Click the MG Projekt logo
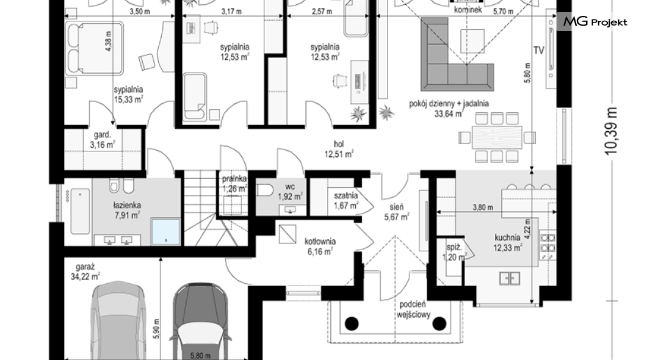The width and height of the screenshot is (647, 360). point(595,22)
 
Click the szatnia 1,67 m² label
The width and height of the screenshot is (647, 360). point(346,200)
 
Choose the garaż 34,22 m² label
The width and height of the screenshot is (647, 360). point(85,272)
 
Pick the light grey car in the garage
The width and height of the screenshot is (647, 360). point(119,321)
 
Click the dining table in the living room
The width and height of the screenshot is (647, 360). point(497,137)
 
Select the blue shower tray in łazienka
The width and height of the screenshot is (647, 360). point(166,232)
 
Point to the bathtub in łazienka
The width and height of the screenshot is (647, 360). point(80,211)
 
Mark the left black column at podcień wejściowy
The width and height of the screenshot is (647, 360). point(352,323)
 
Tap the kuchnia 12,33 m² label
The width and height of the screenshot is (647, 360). point(508,242)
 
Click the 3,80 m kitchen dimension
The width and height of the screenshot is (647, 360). point(482,207)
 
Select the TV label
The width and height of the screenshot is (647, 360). point(538,50)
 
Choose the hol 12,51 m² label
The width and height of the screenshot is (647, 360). point(339,149)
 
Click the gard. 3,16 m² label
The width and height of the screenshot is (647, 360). point(103,140)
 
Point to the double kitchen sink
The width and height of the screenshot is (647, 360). point(510,278)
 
